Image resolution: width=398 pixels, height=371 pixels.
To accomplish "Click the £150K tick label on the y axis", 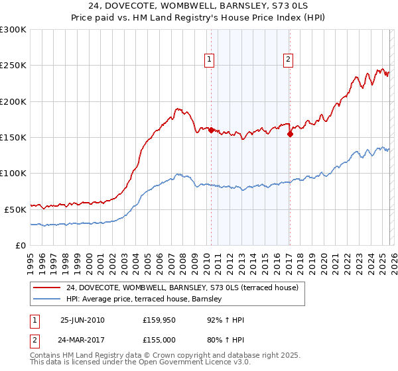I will (13, 137).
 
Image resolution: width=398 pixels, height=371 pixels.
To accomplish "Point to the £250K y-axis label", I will (13, 66).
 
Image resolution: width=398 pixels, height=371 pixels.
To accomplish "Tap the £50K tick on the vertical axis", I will (15, 209).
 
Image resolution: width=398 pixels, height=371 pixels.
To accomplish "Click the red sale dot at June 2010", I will (211, 131).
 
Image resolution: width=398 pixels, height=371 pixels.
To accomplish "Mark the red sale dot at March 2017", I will (290, 134).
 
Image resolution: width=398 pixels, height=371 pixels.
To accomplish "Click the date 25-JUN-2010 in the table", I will (82, 320).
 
